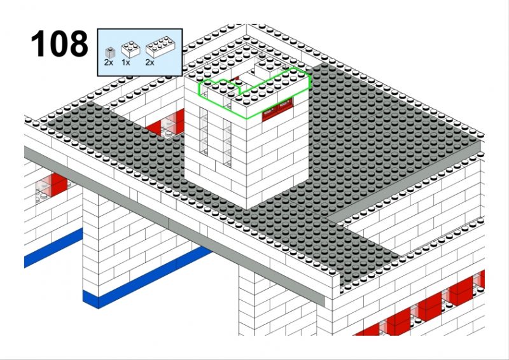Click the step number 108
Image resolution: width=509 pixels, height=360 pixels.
coord(59,44)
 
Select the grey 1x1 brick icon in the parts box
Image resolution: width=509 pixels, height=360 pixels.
coord(109,52)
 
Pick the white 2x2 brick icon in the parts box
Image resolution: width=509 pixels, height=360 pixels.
coord(130,50)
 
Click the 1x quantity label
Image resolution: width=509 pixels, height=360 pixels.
coord(125,62)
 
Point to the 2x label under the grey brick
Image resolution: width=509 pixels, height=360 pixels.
coord(109,62)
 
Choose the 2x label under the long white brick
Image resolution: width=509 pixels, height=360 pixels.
coord(150,62)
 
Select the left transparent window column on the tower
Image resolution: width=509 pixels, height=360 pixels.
coord(204,131)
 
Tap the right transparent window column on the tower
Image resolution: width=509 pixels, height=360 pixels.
coord(227,143)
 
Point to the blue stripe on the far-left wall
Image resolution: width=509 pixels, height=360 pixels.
coord(53,247)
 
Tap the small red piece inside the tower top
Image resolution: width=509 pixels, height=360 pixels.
coord(235,79)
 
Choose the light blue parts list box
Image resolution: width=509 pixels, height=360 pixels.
coord(140,53)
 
